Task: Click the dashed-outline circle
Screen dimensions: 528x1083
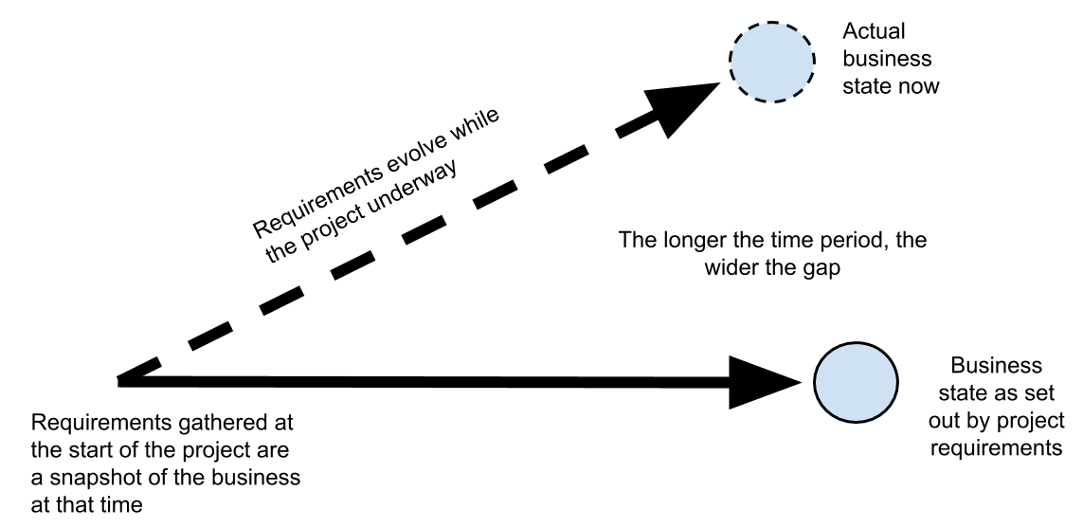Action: click(x=771, y=59)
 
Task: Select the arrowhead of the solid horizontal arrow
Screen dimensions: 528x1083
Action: click(x=767, y=383)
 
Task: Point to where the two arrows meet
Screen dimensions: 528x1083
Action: click(x=121, y=382)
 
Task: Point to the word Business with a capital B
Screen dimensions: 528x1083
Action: click(x=996, y=365)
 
